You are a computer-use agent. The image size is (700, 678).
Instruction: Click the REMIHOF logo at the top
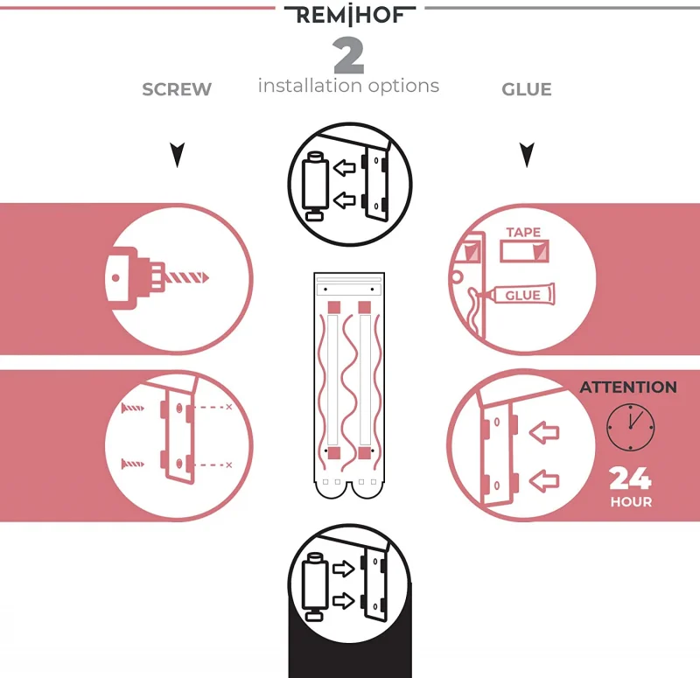pos(349,16)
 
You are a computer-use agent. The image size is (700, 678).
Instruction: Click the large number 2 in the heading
pos(348,57)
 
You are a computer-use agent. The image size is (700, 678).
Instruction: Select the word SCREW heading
pos(177,89)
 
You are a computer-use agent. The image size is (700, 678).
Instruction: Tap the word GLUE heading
pos(527,89)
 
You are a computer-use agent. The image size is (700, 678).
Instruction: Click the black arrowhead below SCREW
pos(178,156)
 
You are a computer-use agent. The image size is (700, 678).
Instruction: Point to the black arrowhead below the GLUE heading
pos(527,156)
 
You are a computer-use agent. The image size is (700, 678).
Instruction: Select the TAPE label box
pos(523,248)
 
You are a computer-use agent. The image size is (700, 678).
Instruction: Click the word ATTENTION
pos(628,387)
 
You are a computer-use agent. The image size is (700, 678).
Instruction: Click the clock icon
pos(630,427)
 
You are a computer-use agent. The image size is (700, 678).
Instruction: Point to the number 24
pos(630,479)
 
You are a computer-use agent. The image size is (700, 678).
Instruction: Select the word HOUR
pos(631,502)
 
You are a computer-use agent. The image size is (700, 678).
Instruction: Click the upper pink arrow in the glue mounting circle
pos(544,430)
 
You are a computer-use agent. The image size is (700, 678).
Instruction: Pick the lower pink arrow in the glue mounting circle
pos(544,479)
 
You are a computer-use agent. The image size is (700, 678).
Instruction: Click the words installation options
pos(348,86)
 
